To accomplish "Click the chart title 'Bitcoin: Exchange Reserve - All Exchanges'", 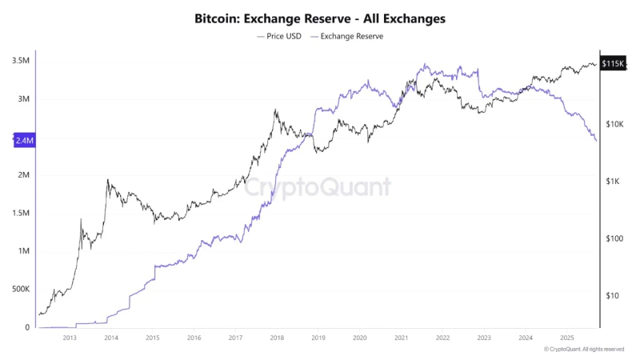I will (320, 17).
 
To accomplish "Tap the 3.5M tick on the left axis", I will (22, 61).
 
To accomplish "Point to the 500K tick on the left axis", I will (22, 289).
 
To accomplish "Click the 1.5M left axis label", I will (22, 214).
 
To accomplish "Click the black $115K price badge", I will (612, 63).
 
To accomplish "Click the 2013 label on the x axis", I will (70, 338).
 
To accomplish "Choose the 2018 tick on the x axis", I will (277, 338).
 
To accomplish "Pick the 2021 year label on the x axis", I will (401, 338).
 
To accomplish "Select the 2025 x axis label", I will (566, 338).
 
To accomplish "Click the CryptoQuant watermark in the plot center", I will (318, 187).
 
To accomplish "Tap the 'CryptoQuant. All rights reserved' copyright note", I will (587, 350).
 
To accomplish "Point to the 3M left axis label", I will (24, 99).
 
